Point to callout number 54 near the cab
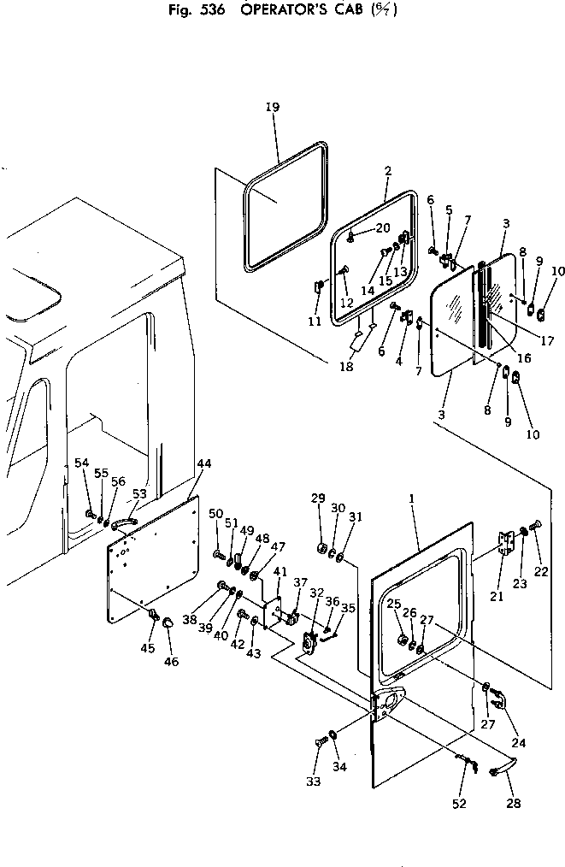81,463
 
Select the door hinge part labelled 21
507,545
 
